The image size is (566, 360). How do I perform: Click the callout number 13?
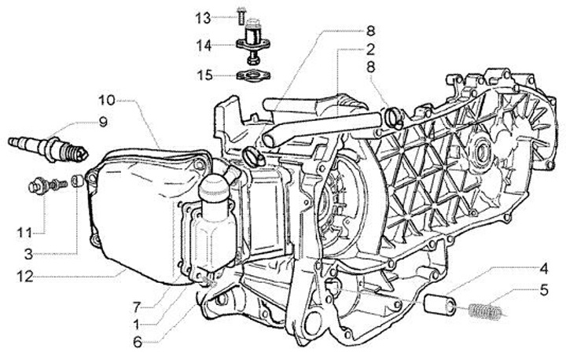(203, 17)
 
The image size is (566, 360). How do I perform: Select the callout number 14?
(203, 46)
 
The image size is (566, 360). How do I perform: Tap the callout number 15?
(203, 75)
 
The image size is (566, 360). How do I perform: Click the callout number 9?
(102, 122)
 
